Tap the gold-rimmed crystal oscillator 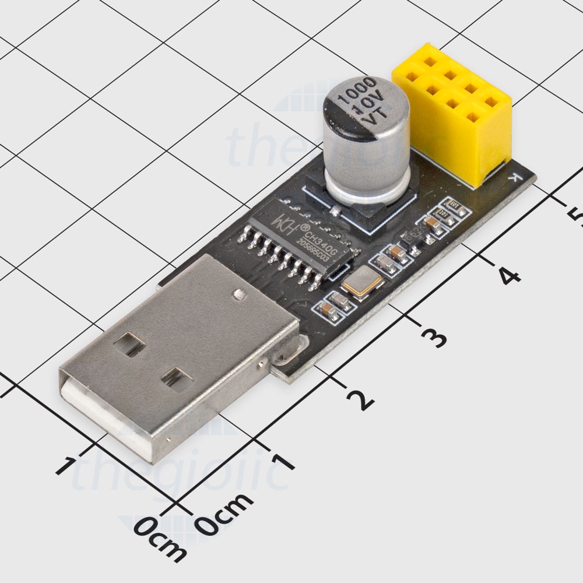[362, 283]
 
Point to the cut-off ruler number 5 [575, 218]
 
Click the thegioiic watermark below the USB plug [181, 475]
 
